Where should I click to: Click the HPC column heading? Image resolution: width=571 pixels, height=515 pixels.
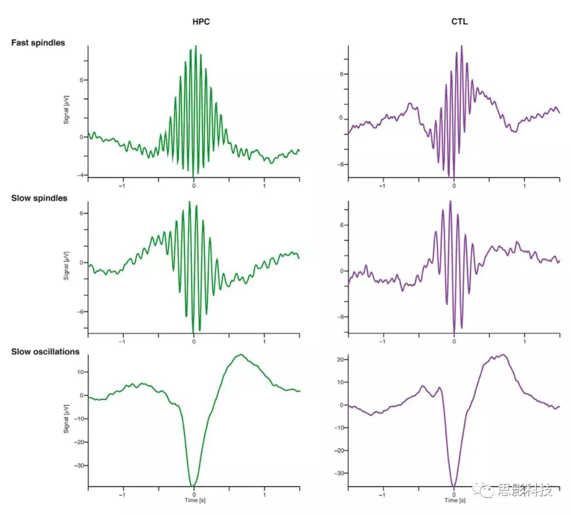pyautogui.click(x=198, y=22)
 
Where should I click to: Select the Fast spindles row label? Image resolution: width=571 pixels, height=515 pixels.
pyautogui.click(x=38, y=42)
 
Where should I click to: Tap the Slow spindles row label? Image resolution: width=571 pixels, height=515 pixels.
pyautogui.click(x=39, y=198)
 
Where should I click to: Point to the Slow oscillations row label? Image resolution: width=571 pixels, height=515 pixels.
pyautogui.click(x=45, y=351)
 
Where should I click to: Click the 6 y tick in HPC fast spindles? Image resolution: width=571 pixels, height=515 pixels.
pyautogui.click(x=81, y=80)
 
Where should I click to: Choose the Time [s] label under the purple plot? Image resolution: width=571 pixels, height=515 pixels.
pyautogui.click(x=455, y=500)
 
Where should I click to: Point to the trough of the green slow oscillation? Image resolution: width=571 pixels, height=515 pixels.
pyautogui.click(x=194, y=485)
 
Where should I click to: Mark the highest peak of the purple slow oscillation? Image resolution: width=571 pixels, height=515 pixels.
pyautogui.click(x=503, y=355)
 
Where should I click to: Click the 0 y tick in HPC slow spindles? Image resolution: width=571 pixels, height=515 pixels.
pyautogui.click(x=81, y=263)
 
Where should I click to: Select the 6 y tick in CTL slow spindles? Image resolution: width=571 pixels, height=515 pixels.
pyautogui.click(x=341, y=225)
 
